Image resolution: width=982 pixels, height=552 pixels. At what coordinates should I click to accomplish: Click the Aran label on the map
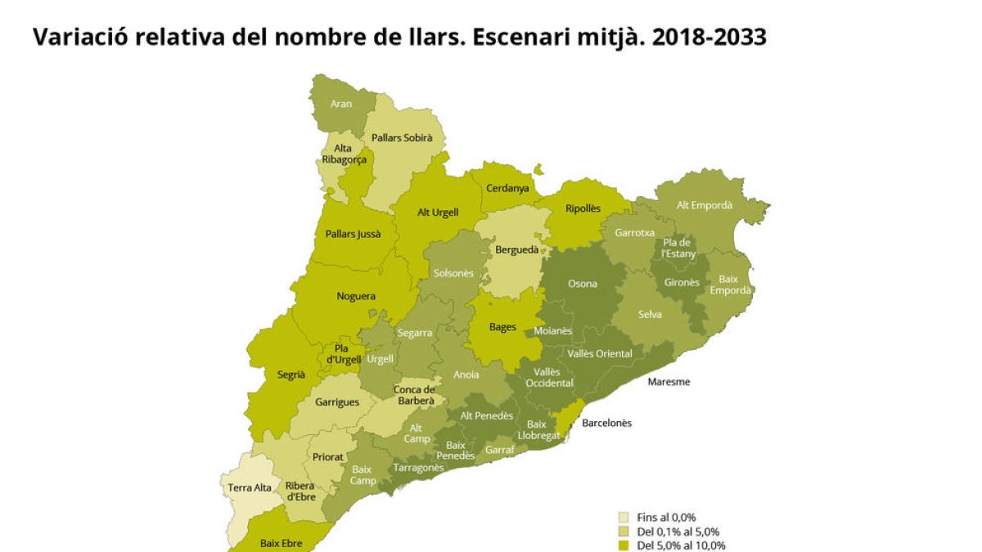(x=341, y=104)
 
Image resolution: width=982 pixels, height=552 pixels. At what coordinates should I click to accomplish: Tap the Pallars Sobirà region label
(x=402, y=138)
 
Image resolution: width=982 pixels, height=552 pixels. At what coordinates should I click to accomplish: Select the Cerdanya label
(x=507, y=188)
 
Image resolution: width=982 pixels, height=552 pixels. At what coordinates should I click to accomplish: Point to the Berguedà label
(x=517, y=249)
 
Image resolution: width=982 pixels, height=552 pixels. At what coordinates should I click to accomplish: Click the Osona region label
(x=583, y=284)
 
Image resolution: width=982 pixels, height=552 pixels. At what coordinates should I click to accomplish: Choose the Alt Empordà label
(x=705, y=205)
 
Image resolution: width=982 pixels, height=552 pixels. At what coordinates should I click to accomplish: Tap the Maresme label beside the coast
(x=669, y=382)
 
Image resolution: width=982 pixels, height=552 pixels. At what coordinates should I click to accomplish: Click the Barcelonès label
(x=606, y=423)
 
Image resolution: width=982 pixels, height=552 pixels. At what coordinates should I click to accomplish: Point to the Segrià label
(x=291, y=375)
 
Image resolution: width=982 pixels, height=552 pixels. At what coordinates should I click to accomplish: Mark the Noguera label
(x=356, y=296)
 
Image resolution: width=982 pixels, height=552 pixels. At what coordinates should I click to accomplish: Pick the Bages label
(x=502, y=327)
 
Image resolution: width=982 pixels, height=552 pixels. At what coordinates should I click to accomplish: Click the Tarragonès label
(x=418, y=468)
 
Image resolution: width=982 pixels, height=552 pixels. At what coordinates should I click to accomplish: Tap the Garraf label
(x=499, y=450)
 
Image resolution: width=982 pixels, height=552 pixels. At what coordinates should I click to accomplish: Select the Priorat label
(x=328, y=457)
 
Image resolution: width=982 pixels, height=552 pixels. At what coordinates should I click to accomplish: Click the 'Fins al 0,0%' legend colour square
(x=624, y=517)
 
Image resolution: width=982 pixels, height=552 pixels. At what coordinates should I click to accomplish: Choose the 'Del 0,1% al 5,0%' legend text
(x=678, y=532)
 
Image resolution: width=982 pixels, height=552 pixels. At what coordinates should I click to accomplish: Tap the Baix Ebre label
(x=281, y=542)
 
